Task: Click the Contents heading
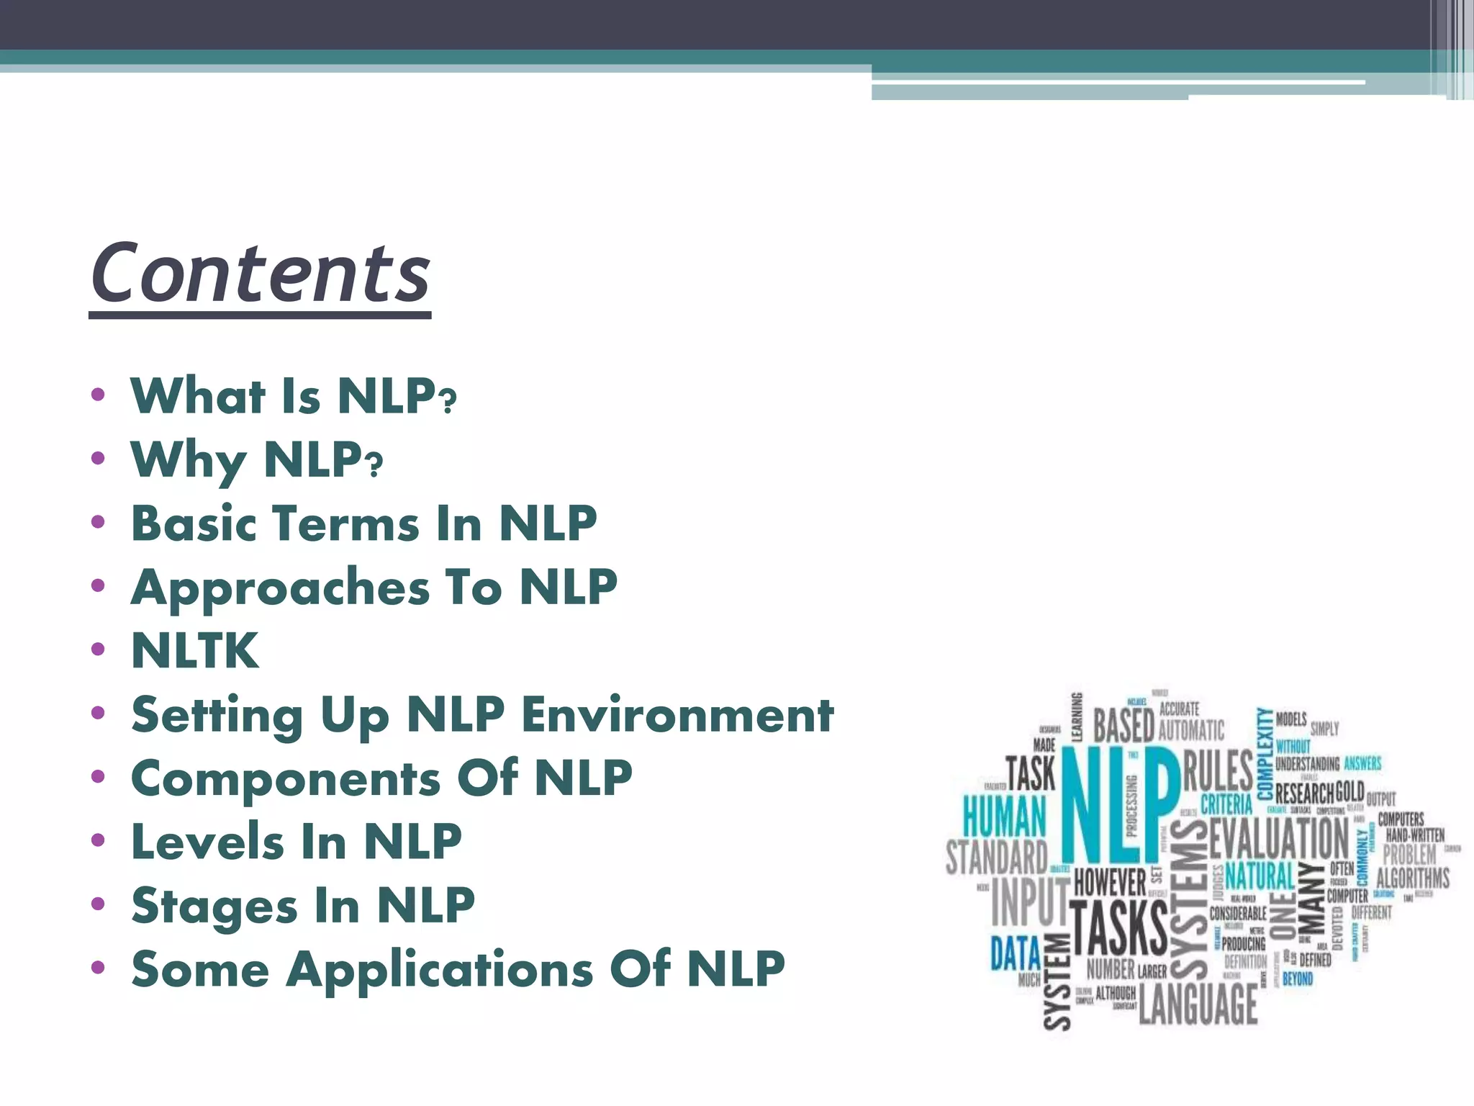[260, 274]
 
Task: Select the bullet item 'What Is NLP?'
[293, 396]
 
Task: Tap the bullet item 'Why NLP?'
[256, 460]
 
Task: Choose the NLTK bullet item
[195, 651]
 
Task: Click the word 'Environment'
[677, 715]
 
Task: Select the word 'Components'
[286, 779]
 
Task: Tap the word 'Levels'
[207, 842]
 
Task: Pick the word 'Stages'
[214, 906]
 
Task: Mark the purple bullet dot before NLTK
[99, 649]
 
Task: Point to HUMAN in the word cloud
[1004, 817]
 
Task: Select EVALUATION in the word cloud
[1278, 838]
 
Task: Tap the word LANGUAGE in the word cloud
[1198, 1003]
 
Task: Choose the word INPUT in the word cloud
[1030, 902]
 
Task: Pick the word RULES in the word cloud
[1218, 770]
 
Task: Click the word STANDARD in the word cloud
[997, 858]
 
